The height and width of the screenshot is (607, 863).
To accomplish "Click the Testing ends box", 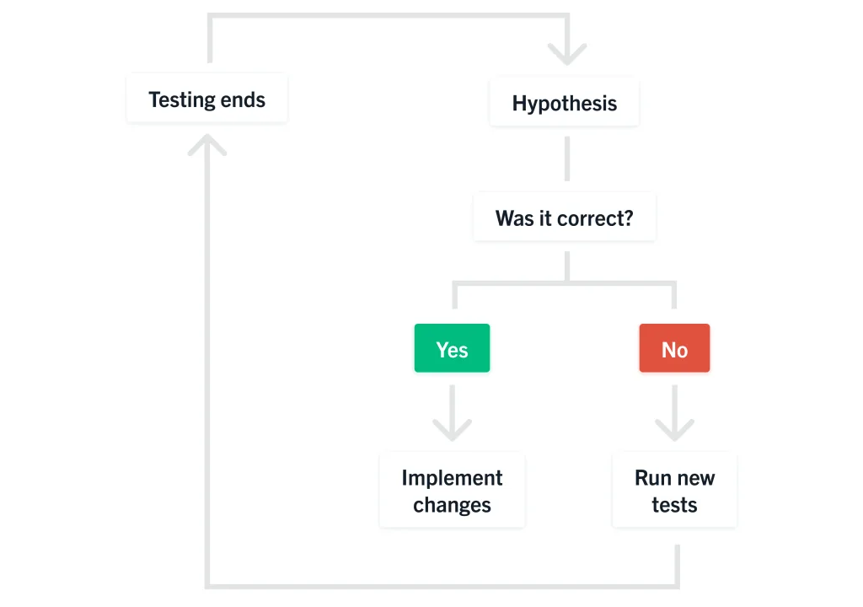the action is coord(207,98).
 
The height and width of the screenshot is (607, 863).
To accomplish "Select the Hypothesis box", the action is coord(565,102).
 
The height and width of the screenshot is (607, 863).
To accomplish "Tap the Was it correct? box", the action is coord(565,217).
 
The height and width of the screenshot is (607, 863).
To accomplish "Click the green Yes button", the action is coord(452,348).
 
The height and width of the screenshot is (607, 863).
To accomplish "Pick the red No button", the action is coord(674,348).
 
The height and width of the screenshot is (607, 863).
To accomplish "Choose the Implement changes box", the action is coord(452,490).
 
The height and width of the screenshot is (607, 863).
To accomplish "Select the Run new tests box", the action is coord(674,490).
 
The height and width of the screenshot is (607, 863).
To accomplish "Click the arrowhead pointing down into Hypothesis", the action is coord(567,54).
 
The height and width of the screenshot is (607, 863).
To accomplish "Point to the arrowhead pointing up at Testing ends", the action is coord(207,144).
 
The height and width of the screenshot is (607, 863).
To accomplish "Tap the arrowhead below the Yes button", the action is coord(452,430).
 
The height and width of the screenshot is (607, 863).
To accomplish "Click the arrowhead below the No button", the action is coord(674,430).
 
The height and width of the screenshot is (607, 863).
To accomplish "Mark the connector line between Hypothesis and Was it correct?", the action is coord(567,158).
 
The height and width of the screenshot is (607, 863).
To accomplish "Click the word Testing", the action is coord(181,100).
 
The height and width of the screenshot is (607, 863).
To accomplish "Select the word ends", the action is coord(243,100).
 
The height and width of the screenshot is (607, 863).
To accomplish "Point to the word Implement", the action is coord(452,478).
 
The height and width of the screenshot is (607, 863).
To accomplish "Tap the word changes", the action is coord(452,505).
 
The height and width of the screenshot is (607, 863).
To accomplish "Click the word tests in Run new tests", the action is coord(674,505).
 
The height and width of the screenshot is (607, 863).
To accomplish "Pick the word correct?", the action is coord(595,218).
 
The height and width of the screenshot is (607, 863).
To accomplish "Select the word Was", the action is coord(515,218).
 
